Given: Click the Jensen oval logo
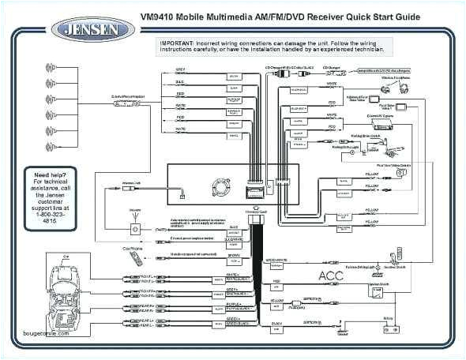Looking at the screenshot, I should pyautogui.click(x=92, y=29).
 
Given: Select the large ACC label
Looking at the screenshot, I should pyautogui.click(x=330, y=276).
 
